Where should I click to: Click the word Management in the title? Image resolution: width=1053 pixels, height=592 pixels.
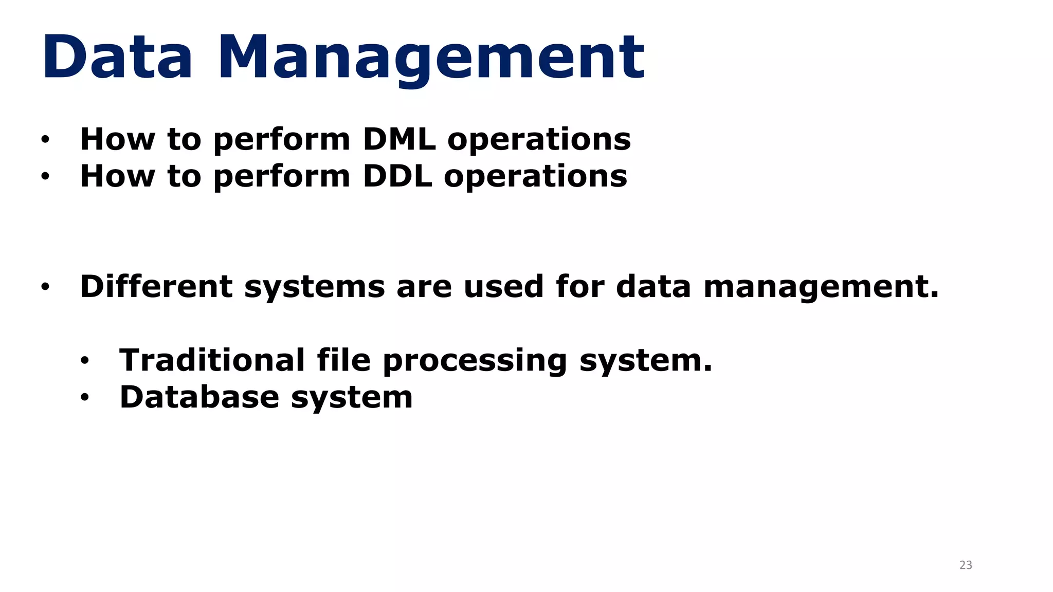pyautogui.click(x=431, y=58)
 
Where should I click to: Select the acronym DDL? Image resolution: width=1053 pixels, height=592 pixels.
pyautogui.click(x=397, y=176)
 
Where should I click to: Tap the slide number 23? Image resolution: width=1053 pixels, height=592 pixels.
pyautogui.click(x=966, y=565)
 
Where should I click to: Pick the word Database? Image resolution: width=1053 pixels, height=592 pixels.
pyautogui.click(x=199, y=397)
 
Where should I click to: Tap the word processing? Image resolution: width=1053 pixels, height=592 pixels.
pyautogui.click(x=475, y=361)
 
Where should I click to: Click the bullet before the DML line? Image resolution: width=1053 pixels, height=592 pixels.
pyautogui.click(x=45, y=139)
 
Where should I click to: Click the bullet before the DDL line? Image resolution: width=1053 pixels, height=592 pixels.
pyautogui.click(x=45, y=176)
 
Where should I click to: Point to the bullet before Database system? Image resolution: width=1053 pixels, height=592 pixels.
pyautogui.click(x=84, y=397)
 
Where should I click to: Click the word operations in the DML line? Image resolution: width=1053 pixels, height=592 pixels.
pyautogui.click(x=539, y=140)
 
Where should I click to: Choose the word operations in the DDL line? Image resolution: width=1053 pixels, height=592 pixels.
pyautogui.click(x=535, y=177)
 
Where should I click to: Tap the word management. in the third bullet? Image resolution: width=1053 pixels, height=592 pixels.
pyautogui.click(x=821, y=287)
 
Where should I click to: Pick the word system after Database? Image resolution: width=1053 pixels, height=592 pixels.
pyautogui.click(x=352, y=398)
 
